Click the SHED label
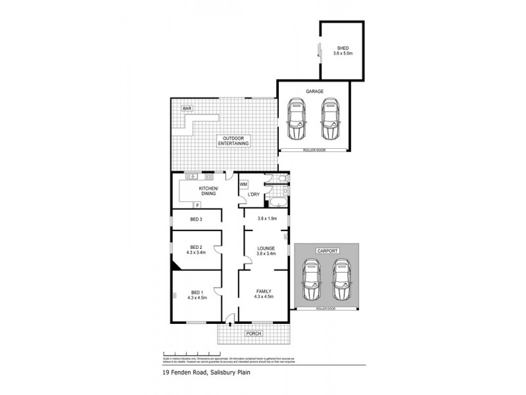click(342, 48)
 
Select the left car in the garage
click(297, 120)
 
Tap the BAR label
click(187, 108)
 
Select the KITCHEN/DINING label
click(208, 192)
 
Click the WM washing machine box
click(243, 184)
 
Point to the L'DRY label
click(253, 194)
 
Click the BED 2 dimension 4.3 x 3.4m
click(196, 252)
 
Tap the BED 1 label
click(196, 292)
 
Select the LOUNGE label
click(266, 248)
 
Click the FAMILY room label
click(264, 292)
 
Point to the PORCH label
click(254, 334)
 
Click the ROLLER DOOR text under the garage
click(312, 151)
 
